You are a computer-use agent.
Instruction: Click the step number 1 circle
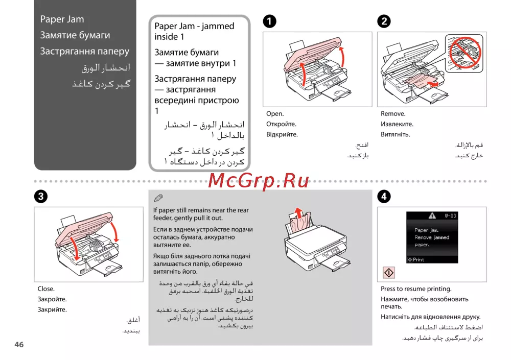click(x=269, y=21)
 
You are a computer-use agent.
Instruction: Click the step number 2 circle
click(x=384, y=21)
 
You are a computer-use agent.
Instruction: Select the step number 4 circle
click(x=384, y=196)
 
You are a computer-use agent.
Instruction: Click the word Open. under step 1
click(x=275, y=114)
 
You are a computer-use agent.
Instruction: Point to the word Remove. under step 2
click(x=393, y=114)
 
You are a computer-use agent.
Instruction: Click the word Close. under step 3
click(x=46, y=289)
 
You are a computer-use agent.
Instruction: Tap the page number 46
click(x=19, y=345)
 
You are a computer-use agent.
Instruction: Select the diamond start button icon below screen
click(x=388, y=273)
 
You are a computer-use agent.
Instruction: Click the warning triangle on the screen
click(x=432, y=215)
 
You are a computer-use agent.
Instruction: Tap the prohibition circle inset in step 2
click(x=463, y=51)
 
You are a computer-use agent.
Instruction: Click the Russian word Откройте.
click(x=281, y=124)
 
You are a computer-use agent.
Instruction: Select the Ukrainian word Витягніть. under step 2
click(x=396, y=135)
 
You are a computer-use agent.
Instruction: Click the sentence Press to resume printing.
click(x=416, y=289)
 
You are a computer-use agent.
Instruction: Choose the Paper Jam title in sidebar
click(x=62, y=19)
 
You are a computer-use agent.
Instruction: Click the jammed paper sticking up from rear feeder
click(x=300, y=217)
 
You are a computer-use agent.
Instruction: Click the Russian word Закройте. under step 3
click(x=52, y=299)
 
